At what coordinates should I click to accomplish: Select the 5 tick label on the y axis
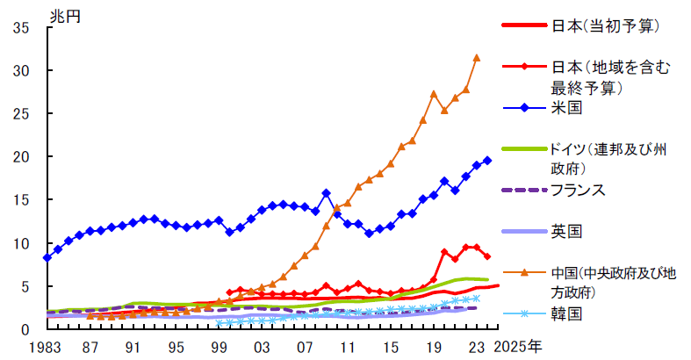click(25, 286)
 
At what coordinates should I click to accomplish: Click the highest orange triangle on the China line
click(477, 58)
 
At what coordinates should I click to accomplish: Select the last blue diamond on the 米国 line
click(487, 161)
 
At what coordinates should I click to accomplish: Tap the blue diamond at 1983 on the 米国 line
click(47, 257)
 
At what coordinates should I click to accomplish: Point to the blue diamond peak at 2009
click(326, 192)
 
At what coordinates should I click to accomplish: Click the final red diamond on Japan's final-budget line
click(487, 256)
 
